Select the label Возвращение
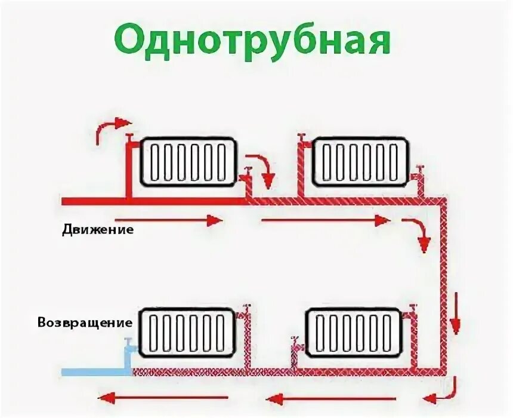point(85,322)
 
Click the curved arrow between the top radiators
point(262,167)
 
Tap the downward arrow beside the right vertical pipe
point(456,314)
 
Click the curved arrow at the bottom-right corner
point(441,391)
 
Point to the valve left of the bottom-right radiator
point(293,345)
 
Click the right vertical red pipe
point(442,287)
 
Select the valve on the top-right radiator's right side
point(420,173)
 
